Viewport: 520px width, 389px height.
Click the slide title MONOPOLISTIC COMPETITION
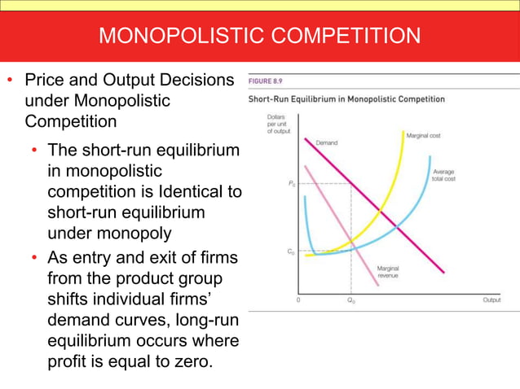(259, 36)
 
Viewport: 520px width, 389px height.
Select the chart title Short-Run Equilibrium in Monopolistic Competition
(346, 99)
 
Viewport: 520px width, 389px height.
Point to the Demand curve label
(326, 143)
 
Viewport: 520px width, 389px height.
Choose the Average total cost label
(444, 177)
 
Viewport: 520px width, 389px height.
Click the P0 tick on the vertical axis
(292, 185)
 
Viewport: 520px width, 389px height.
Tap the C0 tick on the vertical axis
(292, 252)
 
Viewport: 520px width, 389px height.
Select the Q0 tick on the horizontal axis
(351, 300)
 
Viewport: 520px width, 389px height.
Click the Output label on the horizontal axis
(491, 300)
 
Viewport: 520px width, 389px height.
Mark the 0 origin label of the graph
(297, 300)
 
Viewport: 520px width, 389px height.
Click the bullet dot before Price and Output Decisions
(11, 81)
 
